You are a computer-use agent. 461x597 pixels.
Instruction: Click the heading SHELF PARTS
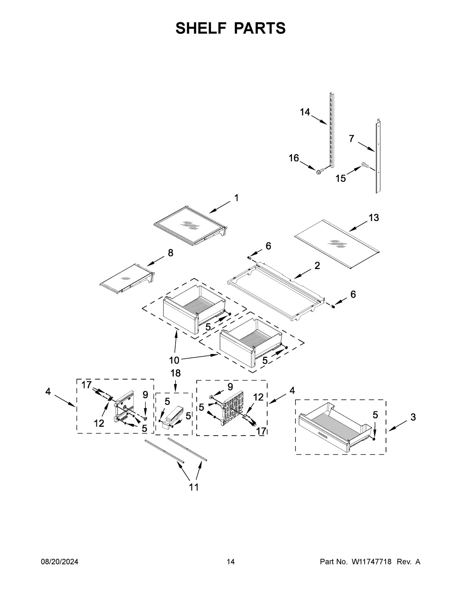point(230,28)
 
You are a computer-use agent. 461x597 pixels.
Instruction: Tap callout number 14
point(305,112)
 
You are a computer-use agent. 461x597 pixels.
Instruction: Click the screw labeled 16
point(318,172)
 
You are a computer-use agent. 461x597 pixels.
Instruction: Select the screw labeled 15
point(365,166)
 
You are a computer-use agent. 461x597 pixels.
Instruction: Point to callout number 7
point(352,139)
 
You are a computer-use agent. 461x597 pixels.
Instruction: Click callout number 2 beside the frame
point(317,265)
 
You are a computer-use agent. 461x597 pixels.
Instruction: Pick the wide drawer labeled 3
point(335,426)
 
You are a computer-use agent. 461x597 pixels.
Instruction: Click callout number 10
point(174,360)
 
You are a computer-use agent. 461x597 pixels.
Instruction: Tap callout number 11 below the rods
point(194,487)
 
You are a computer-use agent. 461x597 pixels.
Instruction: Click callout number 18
point(175,373)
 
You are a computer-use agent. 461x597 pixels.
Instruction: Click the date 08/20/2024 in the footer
point(60,562)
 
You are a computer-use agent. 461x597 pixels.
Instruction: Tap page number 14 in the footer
point(230,562)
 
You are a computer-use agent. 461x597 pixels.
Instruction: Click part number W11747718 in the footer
point(371,562)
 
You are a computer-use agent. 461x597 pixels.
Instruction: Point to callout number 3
point(413,417)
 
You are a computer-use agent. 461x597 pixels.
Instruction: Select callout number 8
point(170,253)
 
